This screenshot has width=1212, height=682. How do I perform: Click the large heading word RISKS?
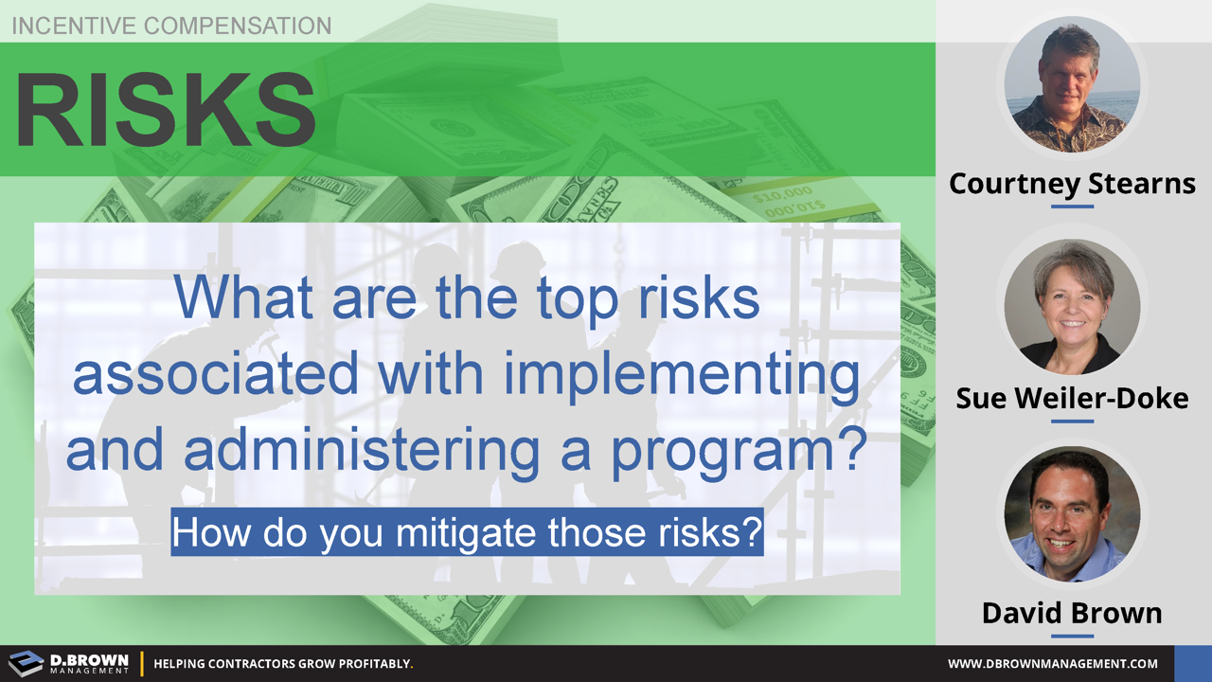[166, 110]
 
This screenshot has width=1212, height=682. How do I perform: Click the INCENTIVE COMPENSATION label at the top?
[171, 26]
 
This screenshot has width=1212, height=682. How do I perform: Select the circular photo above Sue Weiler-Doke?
[1072, 306]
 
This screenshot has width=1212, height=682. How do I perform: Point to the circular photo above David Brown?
[1072, 513]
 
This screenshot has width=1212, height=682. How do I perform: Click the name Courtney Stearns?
[1072, 183]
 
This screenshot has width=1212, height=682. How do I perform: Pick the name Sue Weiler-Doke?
[1072, 398]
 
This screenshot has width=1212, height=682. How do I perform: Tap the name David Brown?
[1072, 613]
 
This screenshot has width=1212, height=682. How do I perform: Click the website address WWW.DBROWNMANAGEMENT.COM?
[1053, 664]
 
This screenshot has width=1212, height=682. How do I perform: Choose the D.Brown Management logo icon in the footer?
[26, 663]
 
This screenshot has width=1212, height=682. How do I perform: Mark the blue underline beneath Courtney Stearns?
[1072, 206]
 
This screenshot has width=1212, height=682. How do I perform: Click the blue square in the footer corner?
[1192, 663]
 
